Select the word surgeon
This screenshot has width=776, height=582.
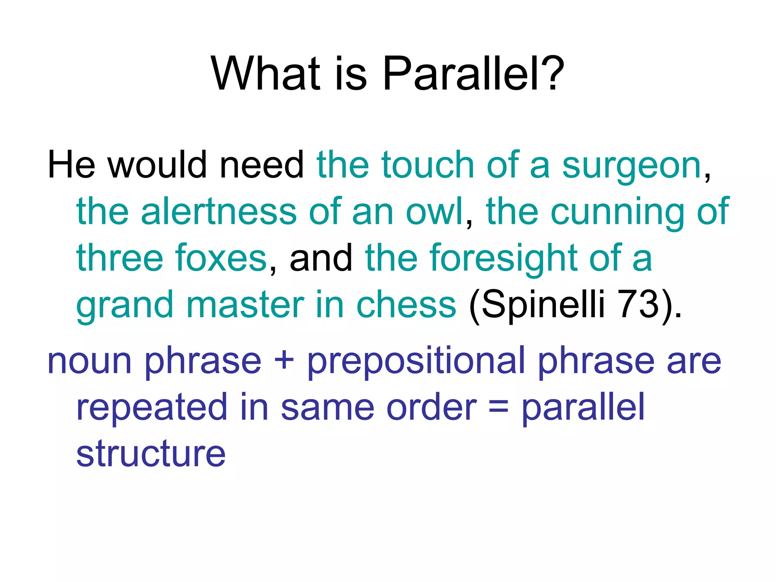[x=631, y=166]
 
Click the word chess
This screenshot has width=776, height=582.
[x=406, y=305]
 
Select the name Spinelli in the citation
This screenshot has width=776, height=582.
[x=543, y=305]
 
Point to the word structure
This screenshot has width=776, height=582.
[x=151, y=454]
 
